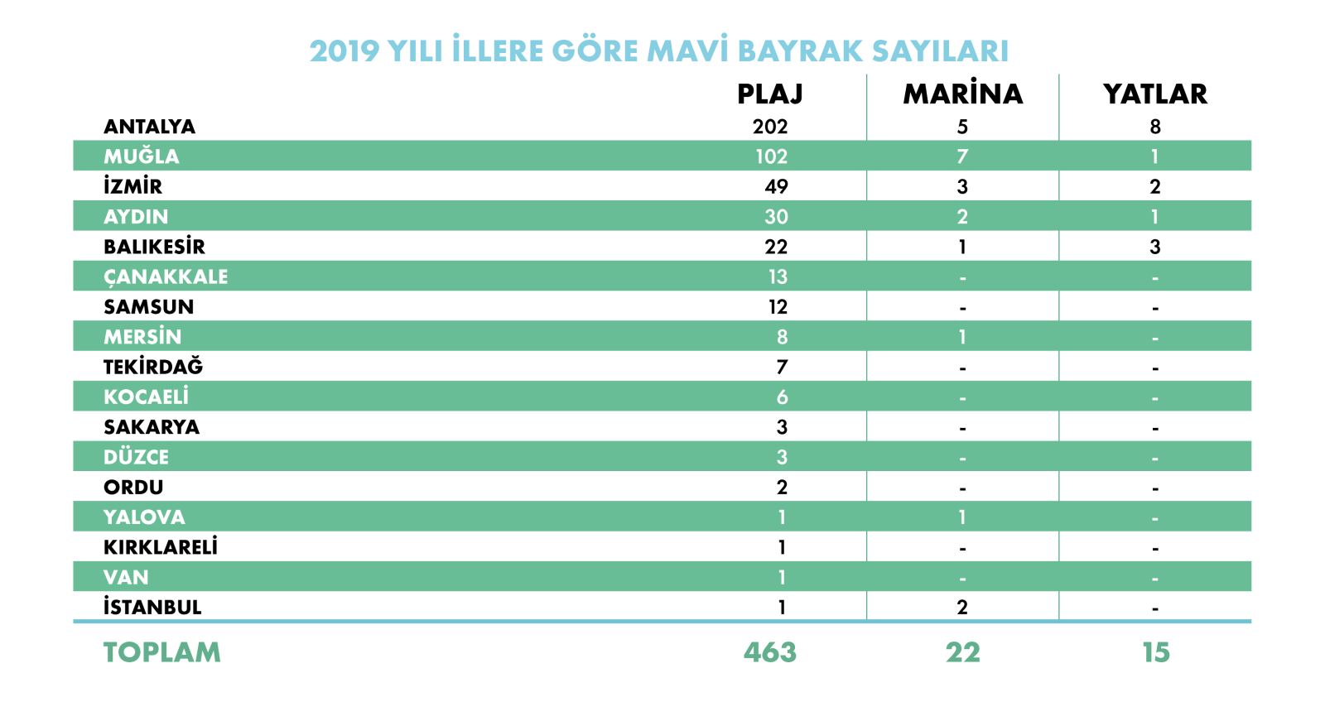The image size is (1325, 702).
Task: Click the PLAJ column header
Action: [x=770, y=94]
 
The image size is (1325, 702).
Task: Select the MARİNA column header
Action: [x=962, y=94]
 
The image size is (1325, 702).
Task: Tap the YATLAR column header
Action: [x=1154, y=94]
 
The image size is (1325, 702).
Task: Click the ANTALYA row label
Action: [x=149, y=127]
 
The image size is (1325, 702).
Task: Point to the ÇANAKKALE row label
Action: [x=166, y=276]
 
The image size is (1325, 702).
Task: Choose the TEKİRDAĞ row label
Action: [x=153, y=367]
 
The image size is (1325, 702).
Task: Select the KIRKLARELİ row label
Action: [x=161, y=547]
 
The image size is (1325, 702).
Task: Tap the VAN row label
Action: [x=126, y=577]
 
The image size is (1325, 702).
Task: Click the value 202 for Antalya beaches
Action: [x=770, y=127]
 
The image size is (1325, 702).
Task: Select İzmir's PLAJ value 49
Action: [x=776, y=186]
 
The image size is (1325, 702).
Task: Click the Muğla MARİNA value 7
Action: [x=962, y=156]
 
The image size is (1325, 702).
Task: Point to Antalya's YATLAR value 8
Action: [x=1155, y=127]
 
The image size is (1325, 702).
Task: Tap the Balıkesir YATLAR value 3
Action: [x=1155, y=247]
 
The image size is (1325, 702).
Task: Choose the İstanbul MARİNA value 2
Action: [x=962, y=607]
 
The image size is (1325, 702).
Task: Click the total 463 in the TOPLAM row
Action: [x=770, y=652]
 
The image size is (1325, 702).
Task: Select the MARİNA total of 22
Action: [x=962, y=652]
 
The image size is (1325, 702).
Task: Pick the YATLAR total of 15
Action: [x=1155, y=652]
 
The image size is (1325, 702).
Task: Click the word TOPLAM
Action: [x=162, y=652]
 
